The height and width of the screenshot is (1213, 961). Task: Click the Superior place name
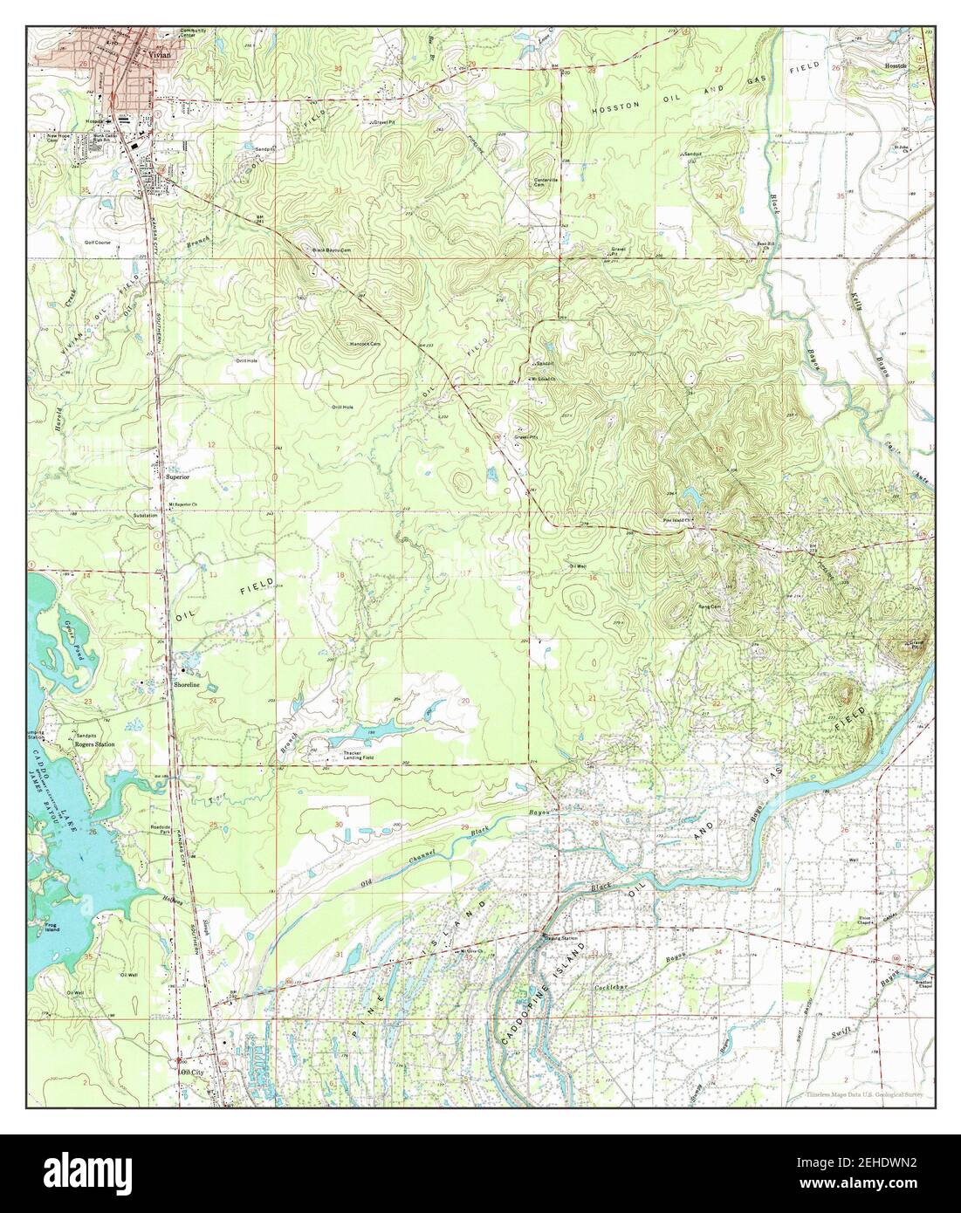[x=179, y=477]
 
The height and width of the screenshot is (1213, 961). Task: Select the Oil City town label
[x=191, y=1072]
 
